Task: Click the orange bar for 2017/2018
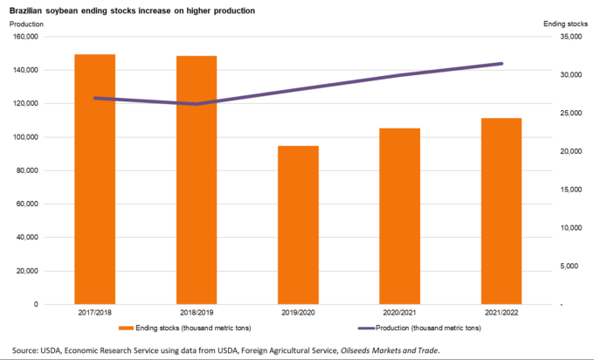tap(95, 179)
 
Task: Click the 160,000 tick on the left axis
tap(24, 37)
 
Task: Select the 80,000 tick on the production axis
tap(27, 171)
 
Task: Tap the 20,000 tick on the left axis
tap(27, 271)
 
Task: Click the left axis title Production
tap(26, 23)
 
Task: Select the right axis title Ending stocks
tap(563, 23)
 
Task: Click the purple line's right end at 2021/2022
tap(501, 64)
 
